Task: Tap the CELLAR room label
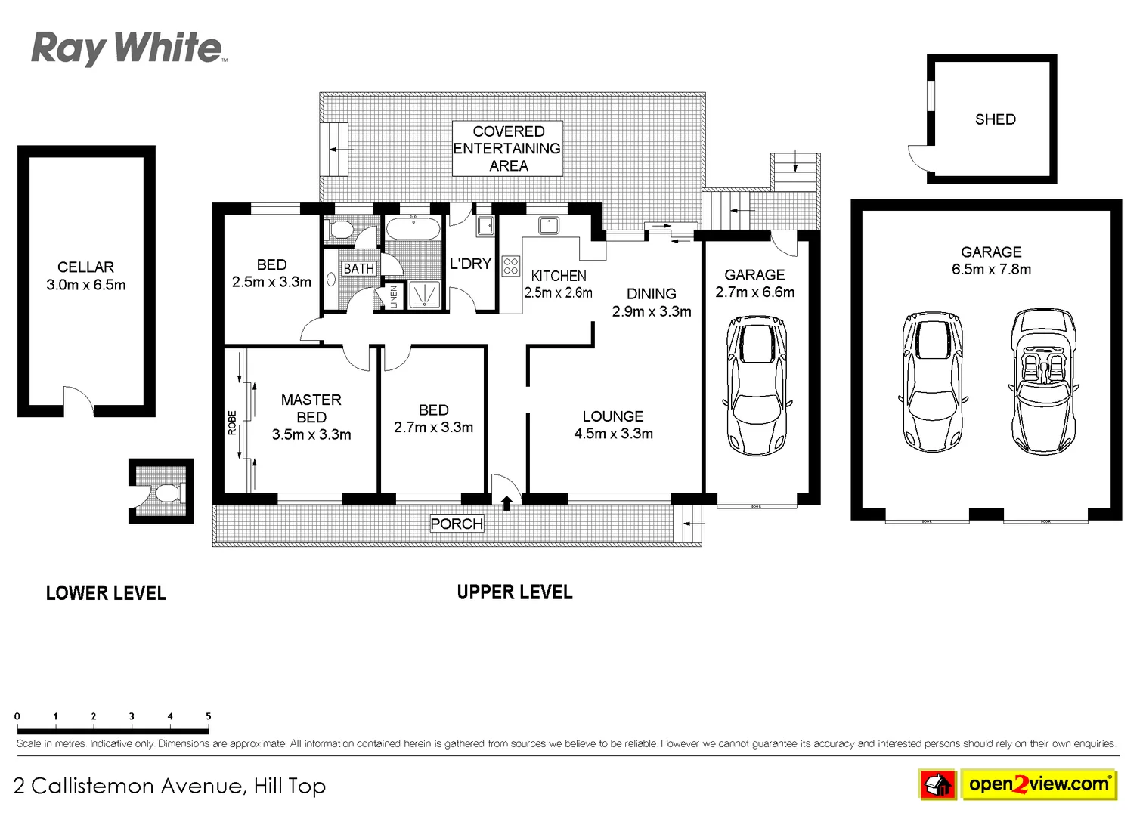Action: point(85,267)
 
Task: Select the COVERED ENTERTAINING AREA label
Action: point(507,148)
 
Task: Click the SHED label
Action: point(995,119)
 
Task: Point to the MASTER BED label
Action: point(311,409)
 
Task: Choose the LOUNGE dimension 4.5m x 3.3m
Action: point(613,434)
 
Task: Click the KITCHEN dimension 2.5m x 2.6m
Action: point(558,293)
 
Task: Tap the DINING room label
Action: point(651,294)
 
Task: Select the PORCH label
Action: point(456,524)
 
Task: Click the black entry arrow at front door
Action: point(506,502)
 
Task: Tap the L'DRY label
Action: point(470,264)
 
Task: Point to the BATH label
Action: point(358,268)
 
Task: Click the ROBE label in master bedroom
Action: point(232,422)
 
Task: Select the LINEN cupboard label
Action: point(393,296)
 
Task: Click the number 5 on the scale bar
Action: point(208,716)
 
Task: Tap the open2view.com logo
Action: point(1038,784)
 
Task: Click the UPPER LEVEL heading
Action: point(514,592)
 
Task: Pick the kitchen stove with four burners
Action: point(511,265)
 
